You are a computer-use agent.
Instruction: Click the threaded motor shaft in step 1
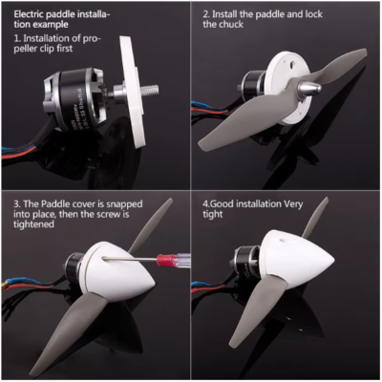coord(149,89)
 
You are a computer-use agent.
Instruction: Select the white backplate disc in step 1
coord(132,92)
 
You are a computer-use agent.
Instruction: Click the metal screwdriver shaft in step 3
coord(130,259)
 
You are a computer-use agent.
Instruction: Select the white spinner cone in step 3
coord(117,270)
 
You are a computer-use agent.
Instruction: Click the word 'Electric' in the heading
coord(30,14)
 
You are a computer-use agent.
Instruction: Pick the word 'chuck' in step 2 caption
coord(231,25)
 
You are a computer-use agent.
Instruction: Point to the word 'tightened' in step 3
coord(33,224)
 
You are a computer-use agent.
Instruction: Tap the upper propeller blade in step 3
coord(151,225)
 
